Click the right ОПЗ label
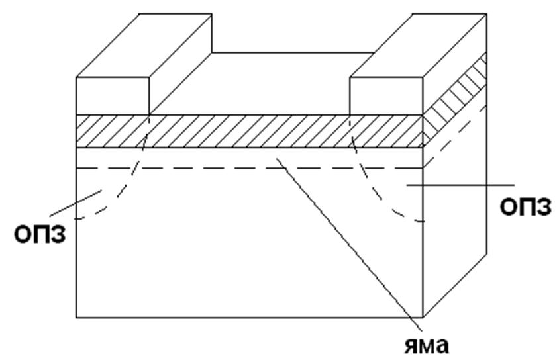pyautogui.click(x=526, y=207)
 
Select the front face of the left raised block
pyautogui.click(x=113, y=97)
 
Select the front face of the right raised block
pyautogui.click(x=385, y=97)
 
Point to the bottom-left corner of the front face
pyautogui.click(x=77, y=316)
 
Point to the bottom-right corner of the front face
pyautogui.click(x=423, y=316)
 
